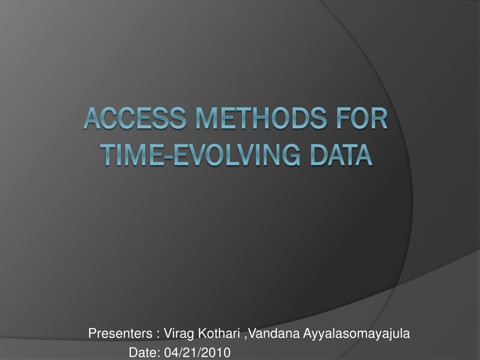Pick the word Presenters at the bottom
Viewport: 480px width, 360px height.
coord(120,333)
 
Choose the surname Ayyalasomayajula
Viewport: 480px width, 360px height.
coord(357,334)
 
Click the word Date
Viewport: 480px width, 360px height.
coord(143,352)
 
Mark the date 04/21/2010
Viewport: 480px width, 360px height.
coord(197,352)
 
